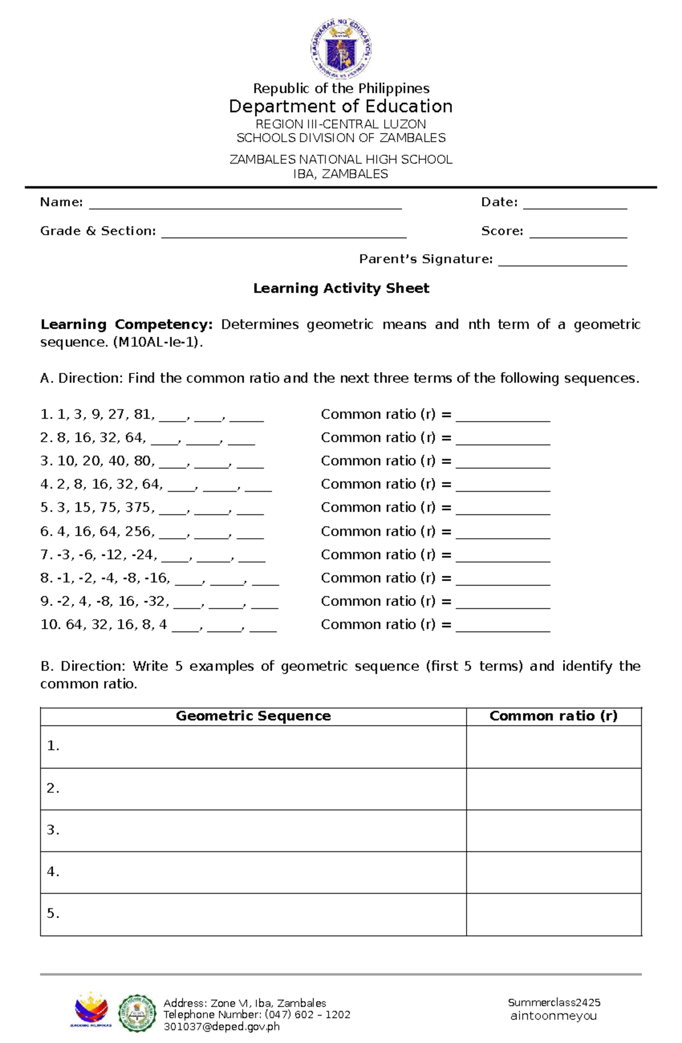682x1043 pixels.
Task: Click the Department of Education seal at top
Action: pyautogui.click(x=340, y=48)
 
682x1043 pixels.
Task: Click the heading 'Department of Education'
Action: pyautogui.click(x=340, y=107)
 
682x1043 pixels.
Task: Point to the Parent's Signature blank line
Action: pyautogui.click(x=562, y=262)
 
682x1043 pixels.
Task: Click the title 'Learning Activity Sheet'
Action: pyautogui.click(x=341, y=289)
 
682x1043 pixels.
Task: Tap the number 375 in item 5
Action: pyautogui.click(x=140, y=508)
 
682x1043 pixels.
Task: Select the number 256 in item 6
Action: pyautogui.click(x=139, y=531)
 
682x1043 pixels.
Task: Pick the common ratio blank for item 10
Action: pyautogui.click(x=503, y=628)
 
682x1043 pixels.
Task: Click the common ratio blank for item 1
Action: pyautogui.click(x=503, y=418)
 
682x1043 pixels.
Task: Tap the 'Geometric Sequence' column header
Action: pyautogui.click(x=253, y=716)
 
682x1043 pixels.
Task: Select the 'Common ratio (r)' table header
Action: pyautogui.click(x=553, y=716)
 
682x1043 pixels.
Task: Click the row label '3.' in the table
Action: pyautogui.click(x=53, y=830)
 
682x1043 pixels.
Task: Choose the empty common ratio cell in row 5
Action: pyautogui.click(x=554, y=914)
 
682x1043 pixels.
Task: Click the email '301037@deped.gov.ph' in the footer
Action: pyautogui.click(x=222, y=1027)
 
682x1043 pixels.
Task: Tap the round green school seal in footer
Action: pyautogui.click(x=137, y=1013)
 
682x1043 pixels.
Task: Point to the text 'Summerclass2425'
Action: pyautogui.click(x=554, y=1003)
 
